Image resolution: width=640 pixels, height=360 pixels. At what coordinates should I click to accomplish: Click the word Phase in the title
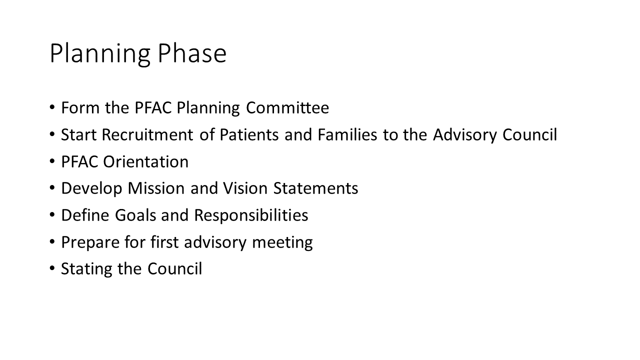192,53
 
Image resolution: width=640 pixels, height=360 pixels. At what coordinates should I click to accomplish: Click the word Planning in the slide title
100,55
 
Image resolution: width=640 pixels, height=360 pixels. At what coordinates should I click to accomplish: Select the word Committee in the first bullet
287,108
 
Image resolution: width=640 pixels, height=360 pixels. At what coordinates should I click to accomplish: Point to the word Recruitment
147,134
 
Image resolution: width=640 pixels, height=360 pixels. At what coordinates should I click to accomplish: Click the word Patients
249,134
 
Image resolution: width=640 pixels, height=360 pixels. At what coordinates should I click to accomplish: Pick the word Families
347,134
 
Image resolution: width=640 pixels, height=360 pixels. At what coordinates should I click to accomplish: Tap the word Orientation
145,161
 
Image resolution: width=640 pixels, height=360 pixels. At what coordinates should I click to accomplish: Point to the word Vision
245,188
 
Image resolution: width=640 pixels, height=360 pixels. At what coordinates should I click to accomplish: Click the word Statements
315,188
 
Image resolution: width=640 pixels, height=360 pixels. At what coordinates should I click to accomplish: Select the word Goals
135,215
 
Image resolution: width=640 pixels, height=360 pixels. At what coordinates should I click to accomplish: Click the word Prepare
90,243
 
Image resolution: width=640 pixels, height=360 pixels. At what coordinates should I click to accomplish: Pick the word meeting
282,243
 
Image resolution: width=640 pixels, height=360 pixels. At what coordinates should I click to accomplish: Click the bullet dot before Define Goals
52,214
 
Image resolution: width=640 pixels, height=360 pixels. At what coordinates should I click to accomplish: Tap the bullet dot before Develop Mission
52,187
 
